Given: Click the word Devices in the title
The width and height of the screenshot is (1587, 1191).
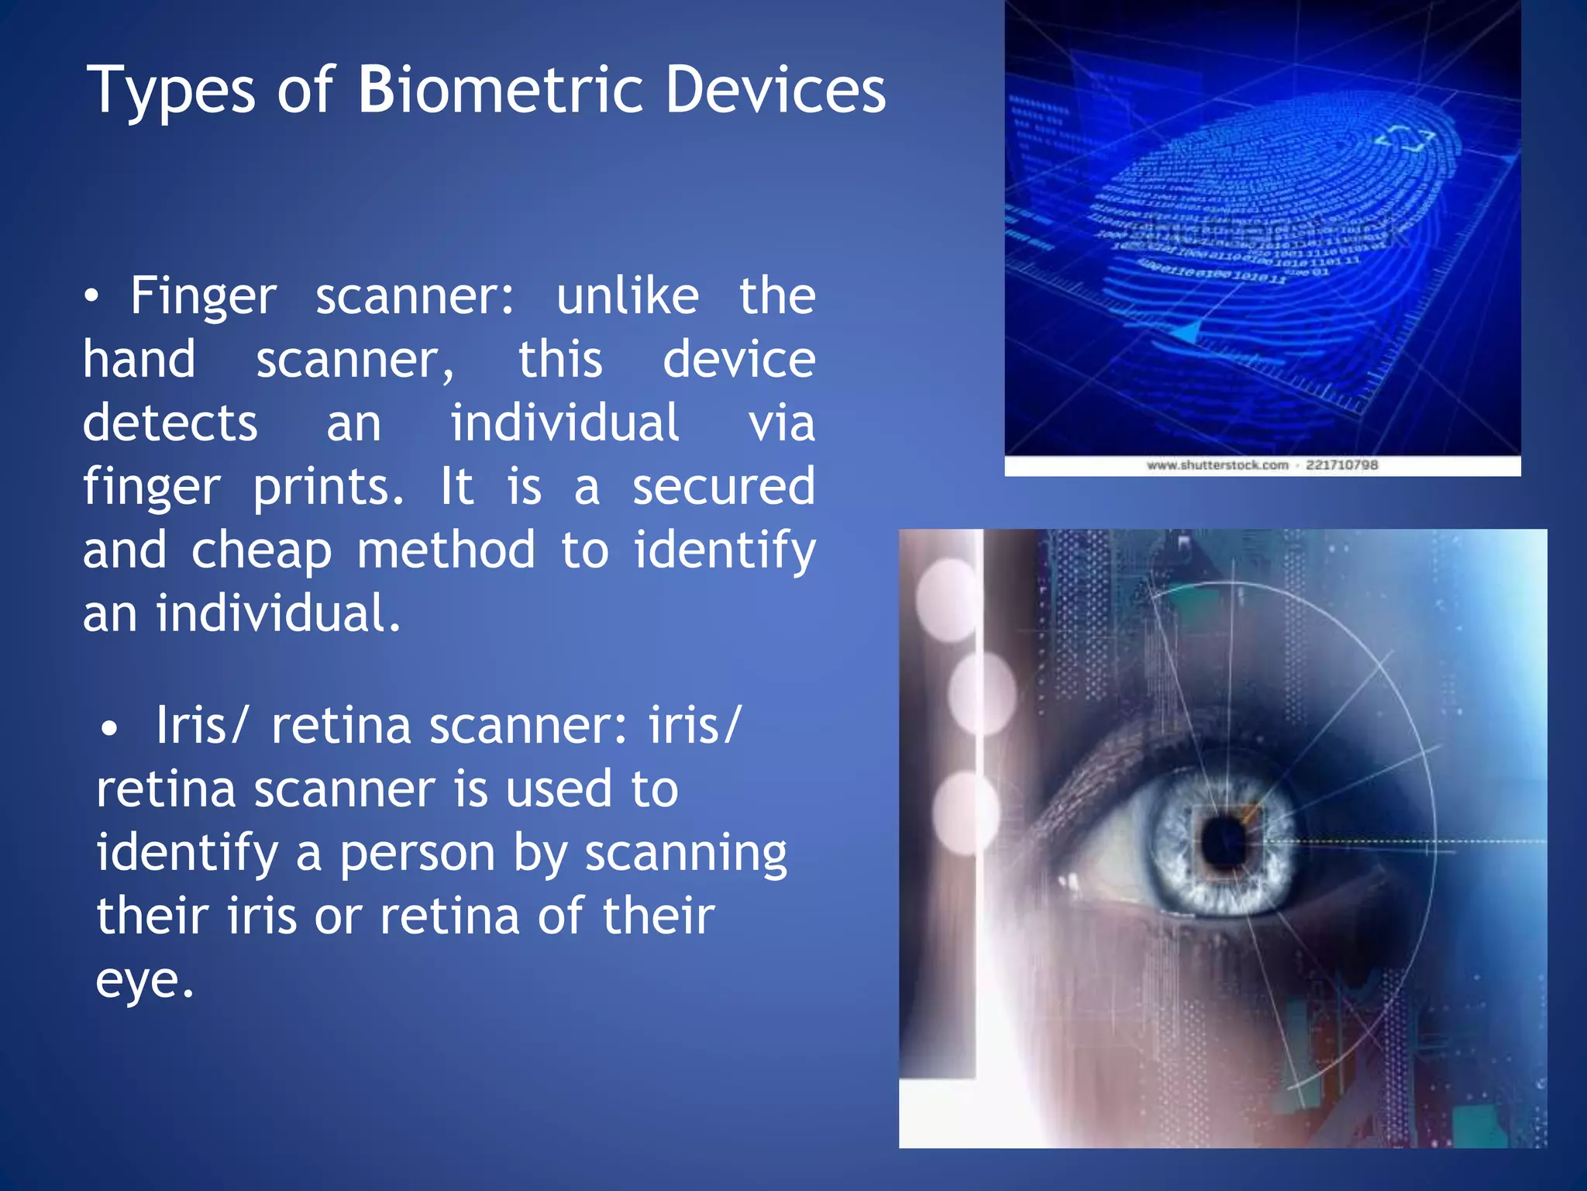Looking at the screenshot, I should tap(775, 90).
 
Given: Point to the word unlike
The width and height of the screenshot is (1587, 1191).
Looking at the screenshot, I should tap(628, 296).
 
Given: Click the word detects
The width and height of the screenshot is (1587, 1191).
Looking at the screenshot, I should tap(170, 423).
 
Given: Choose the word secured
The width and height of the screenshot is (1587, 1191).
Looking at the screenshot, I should tap(724, 487).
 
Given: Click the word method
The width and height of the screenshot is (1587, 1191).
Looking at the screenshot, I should tap(446, 550).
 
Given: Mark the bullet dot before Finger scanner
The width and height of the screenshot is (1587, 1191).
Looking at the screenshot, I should tap(92, 297).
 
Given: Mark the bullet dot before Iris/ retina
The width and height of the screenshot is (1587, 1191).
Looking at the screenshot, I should tap(109, 728).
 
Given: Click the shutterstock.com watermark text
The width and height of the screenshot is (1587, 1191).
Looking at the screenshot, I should tap(1217, 465).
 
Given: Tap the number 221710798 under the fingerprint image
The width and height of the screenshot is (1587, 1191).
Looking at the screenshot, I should tap(1342, 465).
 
